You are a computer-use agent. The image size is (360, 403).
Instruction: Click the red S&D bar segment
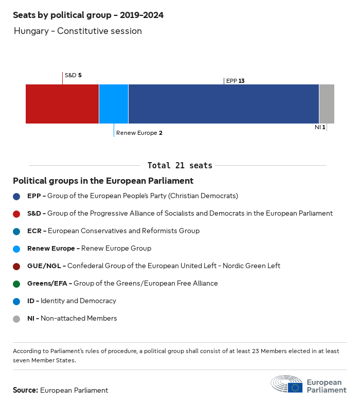pos(62,104)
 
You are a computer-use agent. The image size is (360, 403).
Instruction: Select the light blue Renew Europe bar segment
pos(114,104)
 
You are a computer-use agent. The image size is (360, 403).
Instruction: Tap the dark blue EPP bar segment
pos(224,104)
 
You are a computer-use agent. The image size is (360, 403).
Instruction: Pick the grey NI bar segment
pos(327,104)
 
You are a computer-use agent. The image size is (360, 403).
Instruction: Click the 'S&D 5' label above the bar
pos(73,75)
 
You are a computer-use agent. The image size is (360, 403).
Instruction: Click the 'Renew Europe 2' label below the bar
pos(139,133)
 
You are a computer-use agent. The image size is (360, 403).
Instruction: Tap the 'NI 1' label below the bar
pos(320,127)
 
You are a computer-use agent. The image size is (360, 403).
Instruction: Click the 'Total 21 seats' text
pos(179,165)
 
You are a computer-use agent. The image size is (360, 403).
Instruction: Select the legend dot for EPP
pos(16,196)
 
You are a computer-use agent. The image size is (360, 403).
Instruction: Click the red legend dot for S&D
pos(16,214)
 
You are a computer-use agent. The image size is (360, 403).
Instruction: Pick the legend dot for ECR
pos(16,231)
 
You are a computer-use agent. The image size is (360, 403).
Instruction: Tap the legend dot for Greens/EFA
pos(16,284)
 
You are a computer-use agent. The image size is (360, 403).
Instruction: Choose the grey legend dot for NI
pos(16,319)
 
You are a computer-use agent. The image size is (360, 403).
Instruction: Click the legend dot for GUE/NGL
pos(16,266)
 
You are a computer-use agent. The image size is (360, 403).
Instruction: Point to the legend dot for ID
pos(16,301)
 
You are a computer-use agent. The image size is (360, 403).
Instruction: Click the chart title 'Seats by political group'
pos(88,15)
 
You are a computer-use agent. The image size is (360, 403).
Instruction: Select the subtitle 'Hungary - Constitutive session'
pos(78,31)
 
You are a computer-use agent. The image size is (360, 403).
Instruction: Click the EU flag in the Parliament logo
pos(295,387)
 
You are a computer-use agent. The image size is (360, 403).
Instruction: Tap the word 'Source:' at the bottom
pos(25,390)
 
